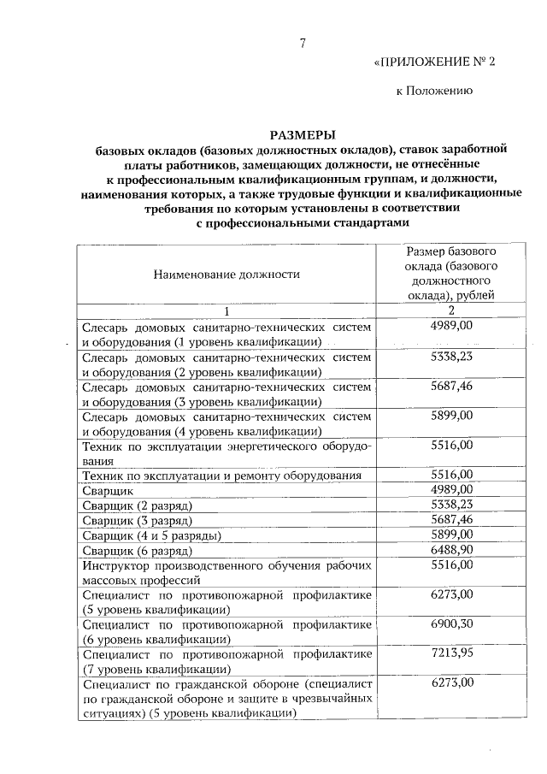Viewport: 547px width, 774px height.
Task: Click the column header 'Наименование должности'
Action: click(226, 275)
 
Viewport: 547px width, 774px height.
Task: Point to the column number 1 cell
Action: click(226, 311)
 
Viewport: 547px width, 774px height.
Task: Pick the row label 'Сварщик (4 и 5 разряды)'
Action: click(150, 536)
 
